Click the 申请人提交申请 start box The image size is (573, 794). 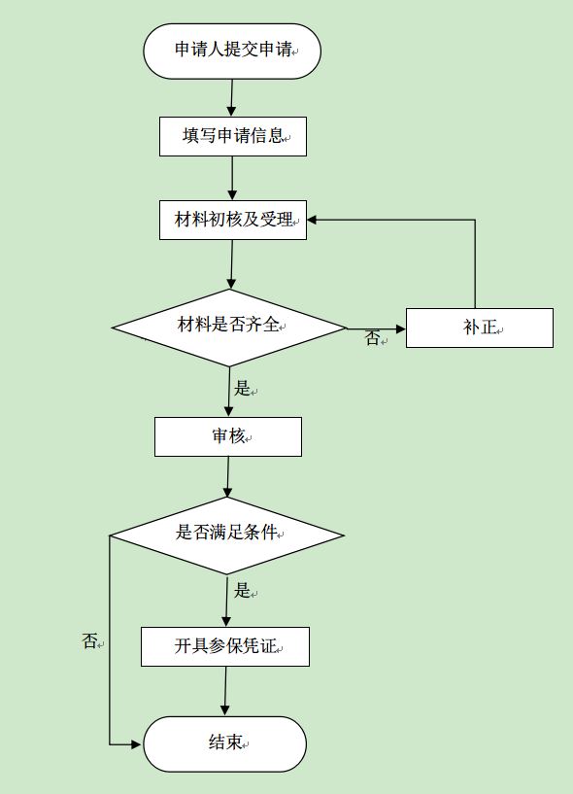(x=232, y=52)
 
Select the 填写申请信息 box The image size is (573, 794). (x=233, y=136)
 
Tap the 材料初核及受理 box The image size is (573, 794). (x=233, y=220)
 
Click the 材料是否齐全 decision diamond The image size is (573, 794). (x=229, y=328)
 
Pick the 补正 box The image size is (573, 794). (x=480, y=328)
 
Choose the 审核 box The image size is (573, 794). (x=228, y=436)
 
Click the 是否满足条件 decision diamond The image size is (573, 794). (x=227, y=535)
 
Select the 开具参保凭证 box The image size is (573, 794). (x=225, y=646)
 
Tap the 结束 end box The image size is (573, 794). (x=225, y=743)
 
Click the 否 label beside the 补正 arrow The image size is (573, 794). (x=373, y=338)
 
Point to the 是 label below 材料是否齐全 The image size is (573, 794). (x=242, y=389)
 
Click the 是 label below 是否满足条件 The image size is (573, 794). (x=242, y=590)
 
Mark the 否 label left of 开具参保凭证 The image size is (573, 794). (x=89, y=641)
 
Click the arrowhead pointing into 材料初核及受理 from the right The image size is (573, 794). (x=312, y=220)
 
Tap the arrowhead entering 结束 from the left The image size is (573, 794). (x=137, y=744)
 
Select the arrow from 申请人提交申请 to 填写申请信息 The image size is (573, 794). (x=232, y=98)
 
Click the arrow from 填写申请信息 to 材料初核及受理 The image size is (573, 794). (x=232, y=178)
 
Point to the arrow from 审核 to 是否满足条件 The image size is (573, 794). (x=228, y=476)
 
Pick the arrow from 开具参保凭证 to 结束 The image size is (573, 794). (x=225, y=691)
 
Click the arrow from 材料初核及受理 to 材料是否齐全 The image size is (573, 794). (x=232, y=263)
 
